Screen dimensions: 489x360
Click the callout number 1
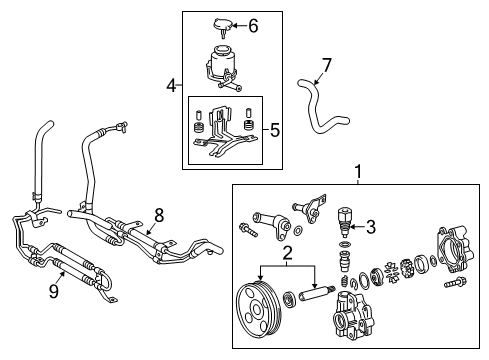click(x=358, y=172)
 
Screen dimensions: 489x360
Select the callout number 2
click(x=287, y=253)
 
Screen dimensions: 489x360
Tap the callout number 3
click(x=371, y=227)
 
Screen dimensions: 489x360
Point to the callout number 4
click(x=171, y=86)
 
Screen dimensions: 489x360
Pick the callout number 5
click(x=275, y=130)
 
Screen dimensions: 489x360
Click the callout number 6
click(x=253, y=26)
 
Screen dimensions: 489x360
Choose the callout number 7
click(x=327, y=65)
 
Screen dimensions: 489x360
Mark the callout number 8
click(x=159, y=215)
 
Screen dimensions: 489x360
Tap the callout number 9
click(x=54, y=291)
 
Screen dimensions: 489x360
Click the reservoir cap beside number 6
click(x=223, y=27)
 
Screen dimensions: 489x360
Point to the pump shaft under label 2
click(x=317, y=293)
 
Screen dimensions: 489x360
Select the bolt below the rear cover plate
click(x=455, y=283)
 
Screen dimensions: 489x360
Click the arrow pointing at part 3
click(x=357, y=227)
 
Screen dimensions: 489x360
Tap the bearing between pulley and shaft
click(x=289, y=298)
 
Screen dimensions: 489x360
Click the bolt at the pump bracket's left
click(x=248, y=229)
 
